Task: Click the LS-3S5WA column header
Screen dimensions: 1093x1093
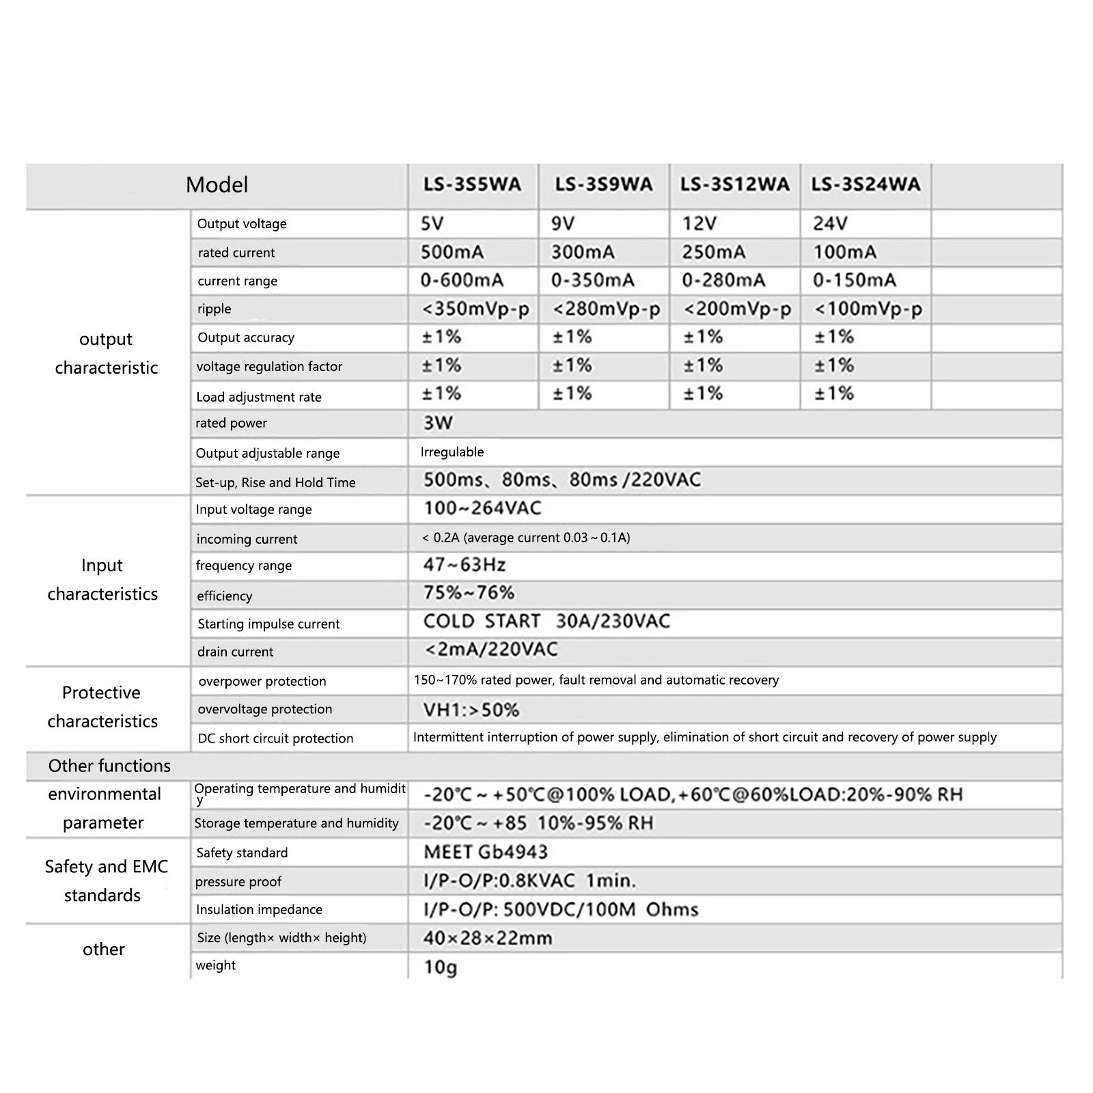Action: (x=472, y=184)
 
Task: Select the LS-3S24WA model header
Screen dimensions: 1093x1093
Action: (x=866, y=184)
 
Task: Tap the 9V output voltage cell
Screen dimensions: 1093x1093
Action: (x=563, y=223)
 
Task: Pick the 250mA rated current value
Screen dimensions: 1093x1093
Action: (x=713, y=252)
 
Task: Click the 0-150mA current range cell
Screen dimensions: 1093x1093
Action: (x=854, y=280)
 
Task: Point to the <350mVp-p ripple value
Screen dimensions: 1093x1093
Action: (x=475, y=309)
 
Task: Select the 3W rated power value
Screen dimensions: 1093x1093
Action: (x=438, y=423)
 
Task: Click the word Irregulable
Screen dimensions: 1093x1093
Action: (x=452, y=452)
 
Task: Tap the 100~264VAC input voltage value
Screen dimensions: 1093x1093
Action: (x=482, y=508)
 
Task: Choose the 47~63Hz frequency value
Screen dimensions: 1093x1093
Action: (x=465, y=565)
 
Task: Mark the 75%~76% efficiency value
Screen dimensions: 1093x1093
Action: (x=469, y=592)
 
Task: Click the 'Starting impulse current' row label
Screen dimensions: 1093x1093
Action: (x=268, y=624)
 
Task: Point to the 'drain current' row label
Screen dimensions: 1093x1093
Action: (x=235, y=652)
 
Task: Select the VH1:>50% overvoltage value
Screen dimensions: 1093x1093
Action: (x=471, y=710)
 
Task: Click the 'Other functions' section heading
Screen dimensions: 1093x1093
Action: (x=109, y=766)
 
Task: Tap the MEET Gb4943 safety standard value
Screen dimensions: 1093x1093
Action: (x=486, y=852)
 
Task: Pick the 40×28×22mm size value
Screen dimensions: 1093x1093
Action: (x=487, y=938)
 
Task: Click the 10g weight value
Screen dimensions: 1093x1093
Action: (x=441, y=967)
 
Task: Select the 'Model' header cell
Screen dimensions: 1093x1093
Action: (x=217, y=184)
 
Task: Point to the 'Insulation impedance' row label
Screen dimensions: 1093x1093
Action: (x=259, y=909)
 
